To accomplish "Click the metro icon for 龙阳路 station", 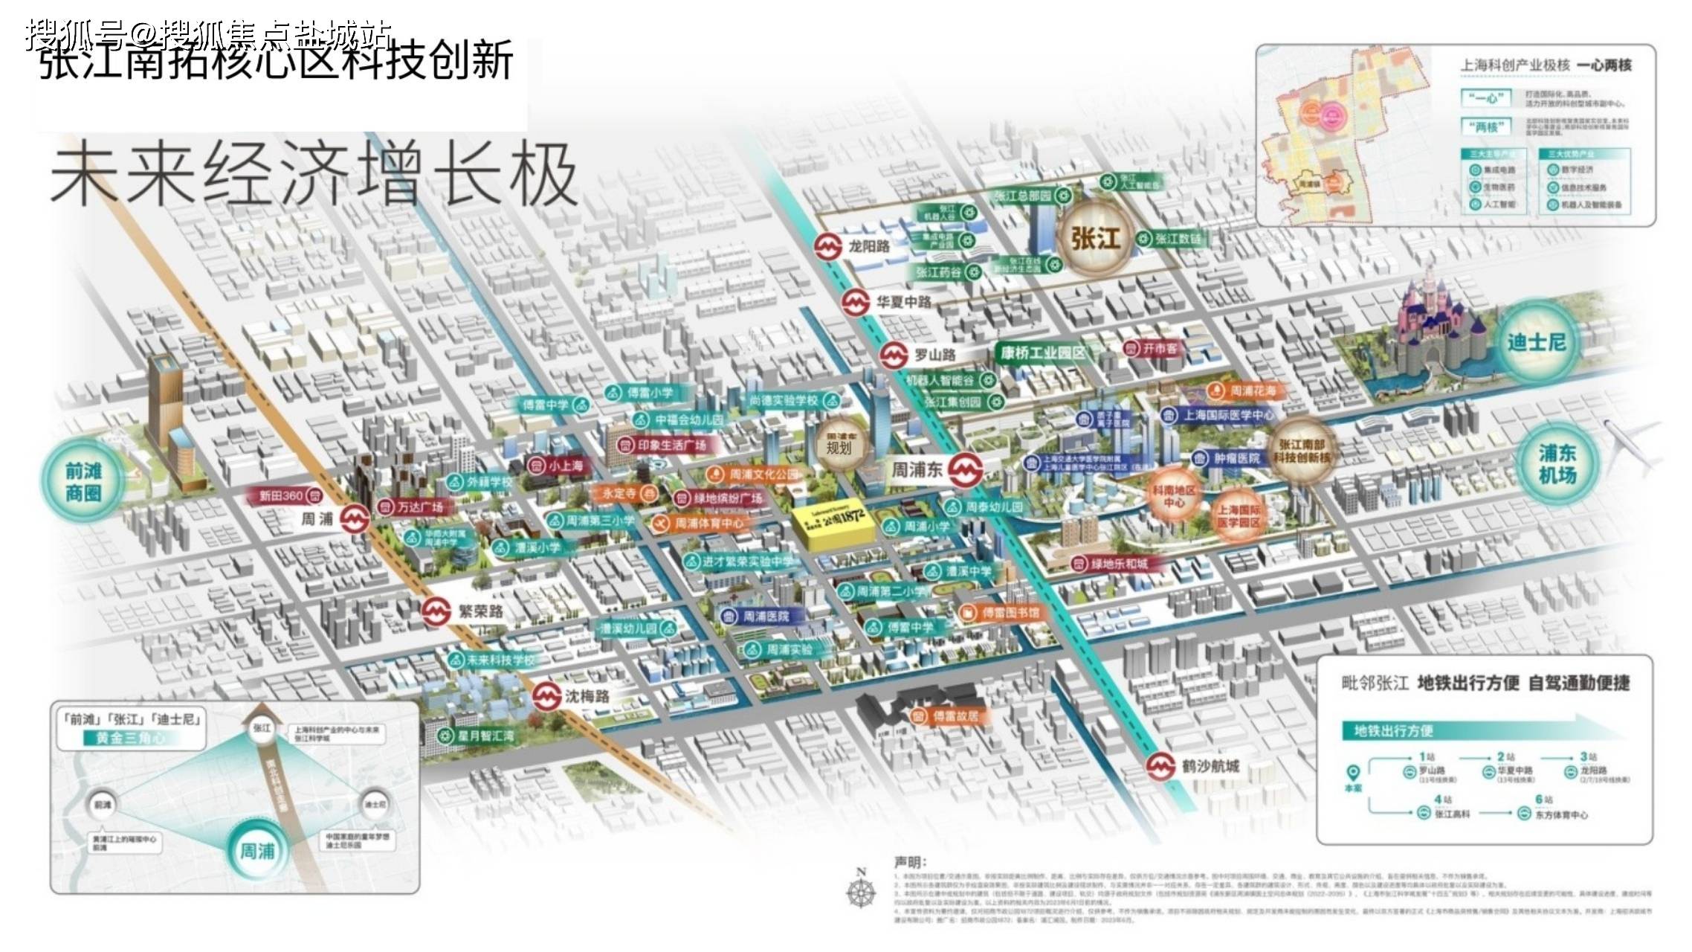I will click(x=827, y=247).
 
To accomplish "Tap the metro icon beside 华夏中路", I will click(x=856, y=303).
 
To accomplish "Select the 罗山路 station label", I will click(x=934, y=355).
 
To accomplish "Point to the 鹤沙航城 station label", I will click(x=1210, y=766).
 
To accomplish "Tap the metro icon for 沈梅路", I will click(x=547, y=696).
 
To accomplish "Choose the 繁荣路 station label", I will click(x=480, y=611).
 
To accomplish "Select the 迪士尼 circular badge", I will click(x=1536, y=342).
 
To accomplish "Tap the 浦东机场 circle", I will click(x=1557, y=464).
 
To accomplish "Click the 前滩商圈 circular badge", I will click(x=83, y=482).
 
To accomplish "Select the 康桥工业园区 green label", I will click(x=1042, y=353).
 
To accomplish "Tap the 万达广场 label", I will click(x=419, y=507).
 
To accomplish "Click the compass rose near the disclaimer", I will click(x=861, y=889).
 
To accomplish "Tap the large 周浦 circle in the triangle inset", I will click(x=256, y=849).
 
